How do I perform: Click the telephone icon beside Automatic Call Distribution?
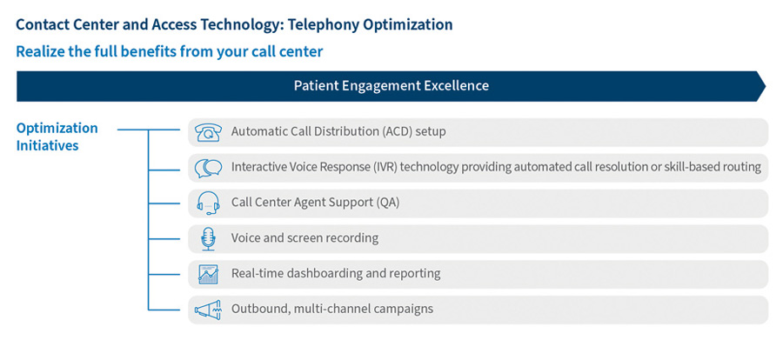(x=208, y=132)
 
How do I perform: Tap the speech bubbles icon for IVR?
(x=208, y=167)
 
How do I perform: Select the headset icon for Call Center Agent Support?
(x=208, y=203)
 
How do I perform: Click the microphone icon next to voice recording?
(x=208, y=238)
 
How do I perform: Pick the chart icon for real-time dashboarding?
(x=208, y=274)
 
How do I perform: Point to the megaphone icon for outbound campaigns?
(x=208, y=310)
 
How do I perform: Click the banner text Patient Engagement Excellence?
(x=391, y=86)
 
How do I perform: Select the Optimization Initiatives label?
(x=57, y=137)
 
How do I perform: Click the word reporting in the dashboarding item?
(x=414, y=274)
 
